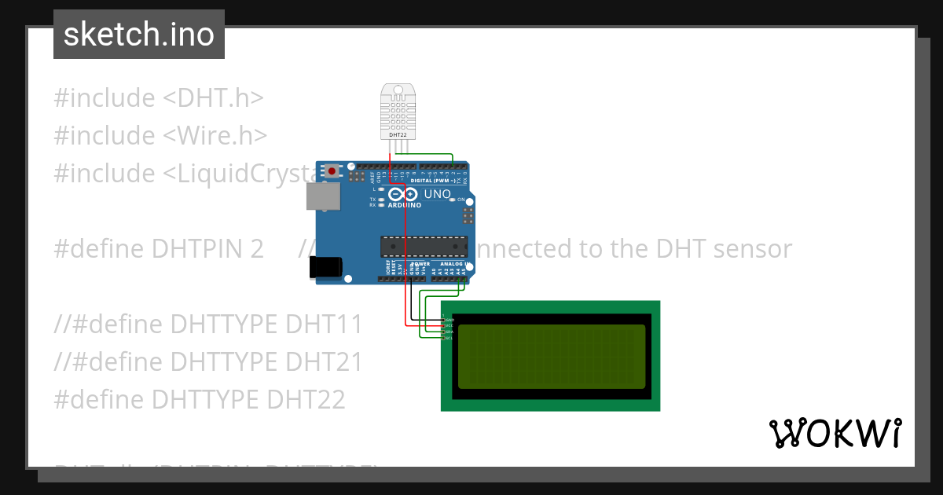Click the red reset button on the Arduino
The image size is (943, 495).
coord(332,170)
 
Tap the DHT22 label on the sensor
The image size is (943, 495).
coord(398,135)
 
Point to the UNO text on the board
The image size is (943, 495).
coord(438,194)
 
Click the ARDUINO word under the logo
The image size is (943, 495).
coord(404,205)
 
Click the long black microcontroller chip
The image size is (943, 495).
coord(424,247)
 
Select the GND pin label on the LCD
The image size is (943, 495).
coord(449,320)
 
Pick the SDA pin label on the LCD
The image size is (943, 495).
coord(449,332)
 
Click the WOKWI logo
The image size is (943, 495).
coord(835,433)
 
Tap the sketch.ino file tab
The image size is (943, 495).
coord(139,35)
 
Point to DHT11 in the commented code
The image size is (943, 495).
coord(324,324)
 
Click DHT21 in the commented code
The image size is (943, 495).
coord(324,362)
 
